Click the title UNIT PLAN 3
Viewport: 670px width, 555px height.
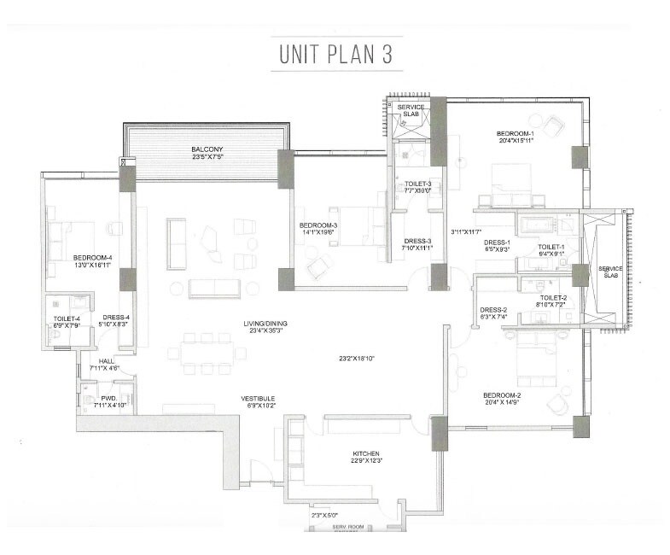point(334,53)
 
